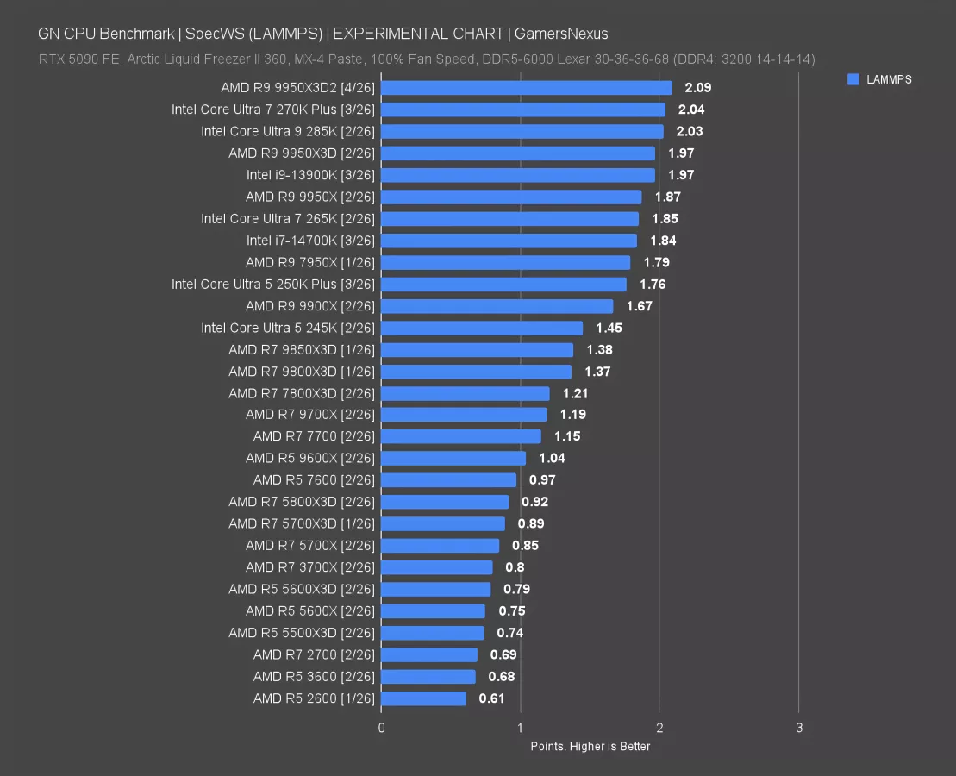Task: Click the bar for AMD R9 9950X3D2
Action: click(526, 88)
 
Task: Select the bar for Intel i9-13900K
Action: click(517, 175)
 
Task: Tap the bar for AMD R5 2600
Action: click(423, 698)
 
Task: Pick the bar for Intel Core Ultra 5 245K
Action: click(481, 328)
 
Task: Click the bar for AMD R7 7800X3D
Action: click(465, 393)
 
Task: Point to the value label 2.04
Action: click(691, 110)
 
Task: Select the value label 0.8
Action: click(515, 567)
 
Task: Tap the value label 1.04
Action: click(552, 458)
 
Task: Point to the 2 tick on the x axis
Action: click(659, 728)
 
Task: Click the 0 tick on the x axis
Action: click(381, 728)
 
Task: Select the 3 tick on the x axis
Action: click(799, 728)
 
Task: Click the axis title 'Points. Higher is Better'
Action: click(590, 746)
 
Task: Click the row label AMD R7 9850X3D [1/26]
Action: click(302, 349)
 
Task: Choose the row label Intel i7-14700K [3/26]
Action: click(310, 241)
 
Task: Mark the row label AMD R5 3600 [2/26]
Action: click(314, 677)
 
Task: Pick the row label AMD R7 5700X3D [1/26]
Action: click(302, 523)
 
